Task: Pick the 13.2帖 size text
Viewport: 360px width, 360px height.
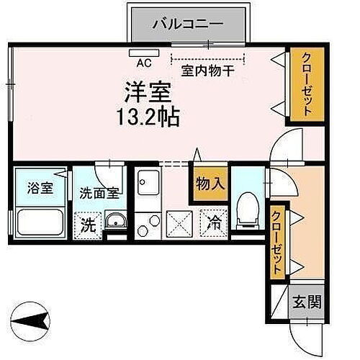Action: (x=148, y=115)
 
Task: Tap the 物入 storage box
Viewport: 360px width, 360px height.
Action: (x=208, y=184)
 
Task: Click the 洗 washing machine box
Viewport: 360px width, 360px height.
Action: (x=88, y=224)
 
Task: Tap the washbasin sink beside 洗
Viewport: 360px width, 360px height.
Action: (x=114, y=220)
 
